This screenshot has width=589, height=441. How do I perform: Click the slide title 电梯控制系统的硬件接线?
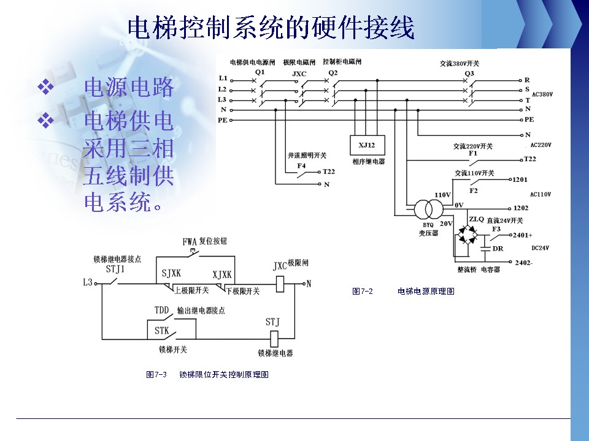[271, 28]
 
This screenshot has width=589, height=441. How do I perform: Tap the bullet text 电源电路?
[128, 88]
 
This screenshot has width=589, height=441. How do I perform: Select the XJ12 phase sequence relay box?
[367, 145]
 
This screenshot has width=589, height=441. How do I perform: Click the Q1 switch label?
[260, 72]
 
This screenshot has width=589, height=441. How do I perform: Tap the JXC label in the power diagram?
[299, 73]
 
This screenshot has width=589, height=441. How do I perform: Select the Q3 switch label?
[469, 73]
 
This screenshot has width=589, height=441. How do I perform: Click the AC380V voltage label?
[543, 94]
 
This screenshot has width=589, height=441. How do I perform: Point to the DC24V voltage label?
[541, 248]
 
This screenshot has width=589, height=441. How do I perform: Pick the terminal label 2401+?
[523, 235]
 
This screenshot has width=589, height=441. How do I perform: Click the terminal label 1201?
[520, 180]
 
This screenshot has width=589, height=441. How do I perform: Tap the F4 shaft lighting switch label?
[301, 166]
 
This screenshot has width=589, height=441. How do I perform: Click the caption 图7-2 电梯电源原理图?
[403, 292]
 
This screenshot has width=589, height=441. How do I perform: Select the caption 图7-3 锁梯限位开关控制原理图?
[207, 374]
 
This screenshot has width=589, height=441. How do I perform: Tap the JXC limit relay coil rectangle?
[279, 284]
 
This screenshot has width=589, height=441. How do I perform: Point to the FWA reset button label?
[190, 241]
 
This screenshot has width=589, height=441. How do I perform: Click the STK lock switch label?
[161, 331]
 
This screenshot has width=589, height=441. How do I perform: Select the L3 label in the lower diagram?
[87, 283]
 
